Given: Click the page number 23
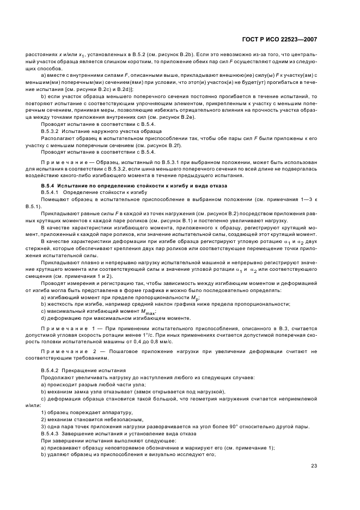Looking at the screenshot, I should pyautogui.click(x=314, y=465).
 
